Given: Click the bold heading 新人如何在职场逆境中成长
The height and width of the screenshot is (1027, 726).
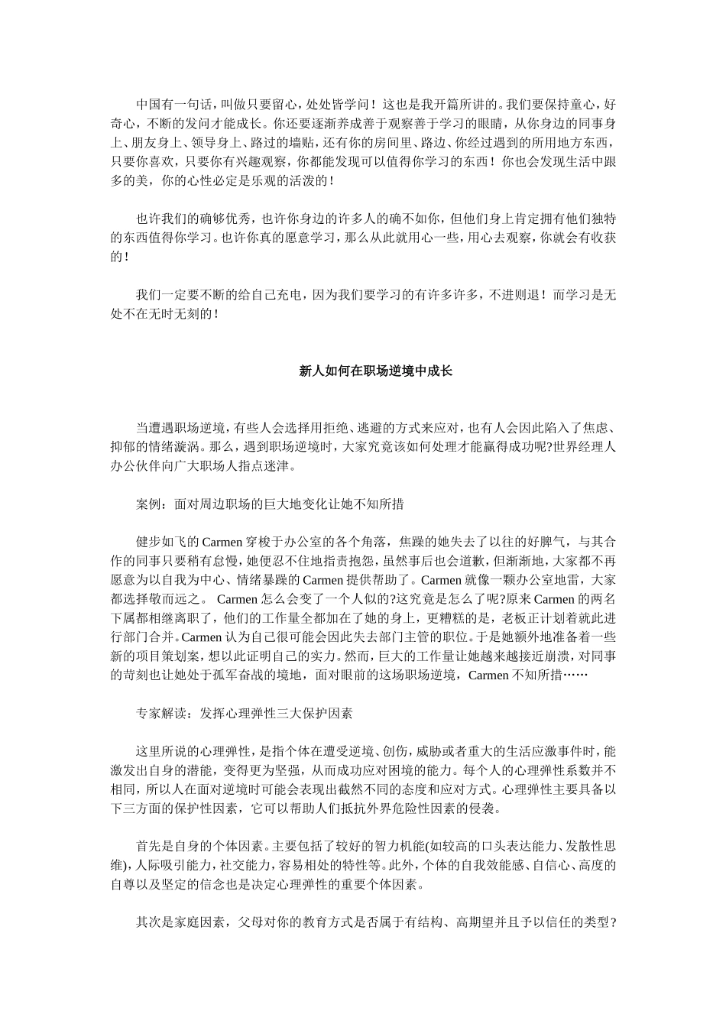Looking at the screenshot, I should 375,371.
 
